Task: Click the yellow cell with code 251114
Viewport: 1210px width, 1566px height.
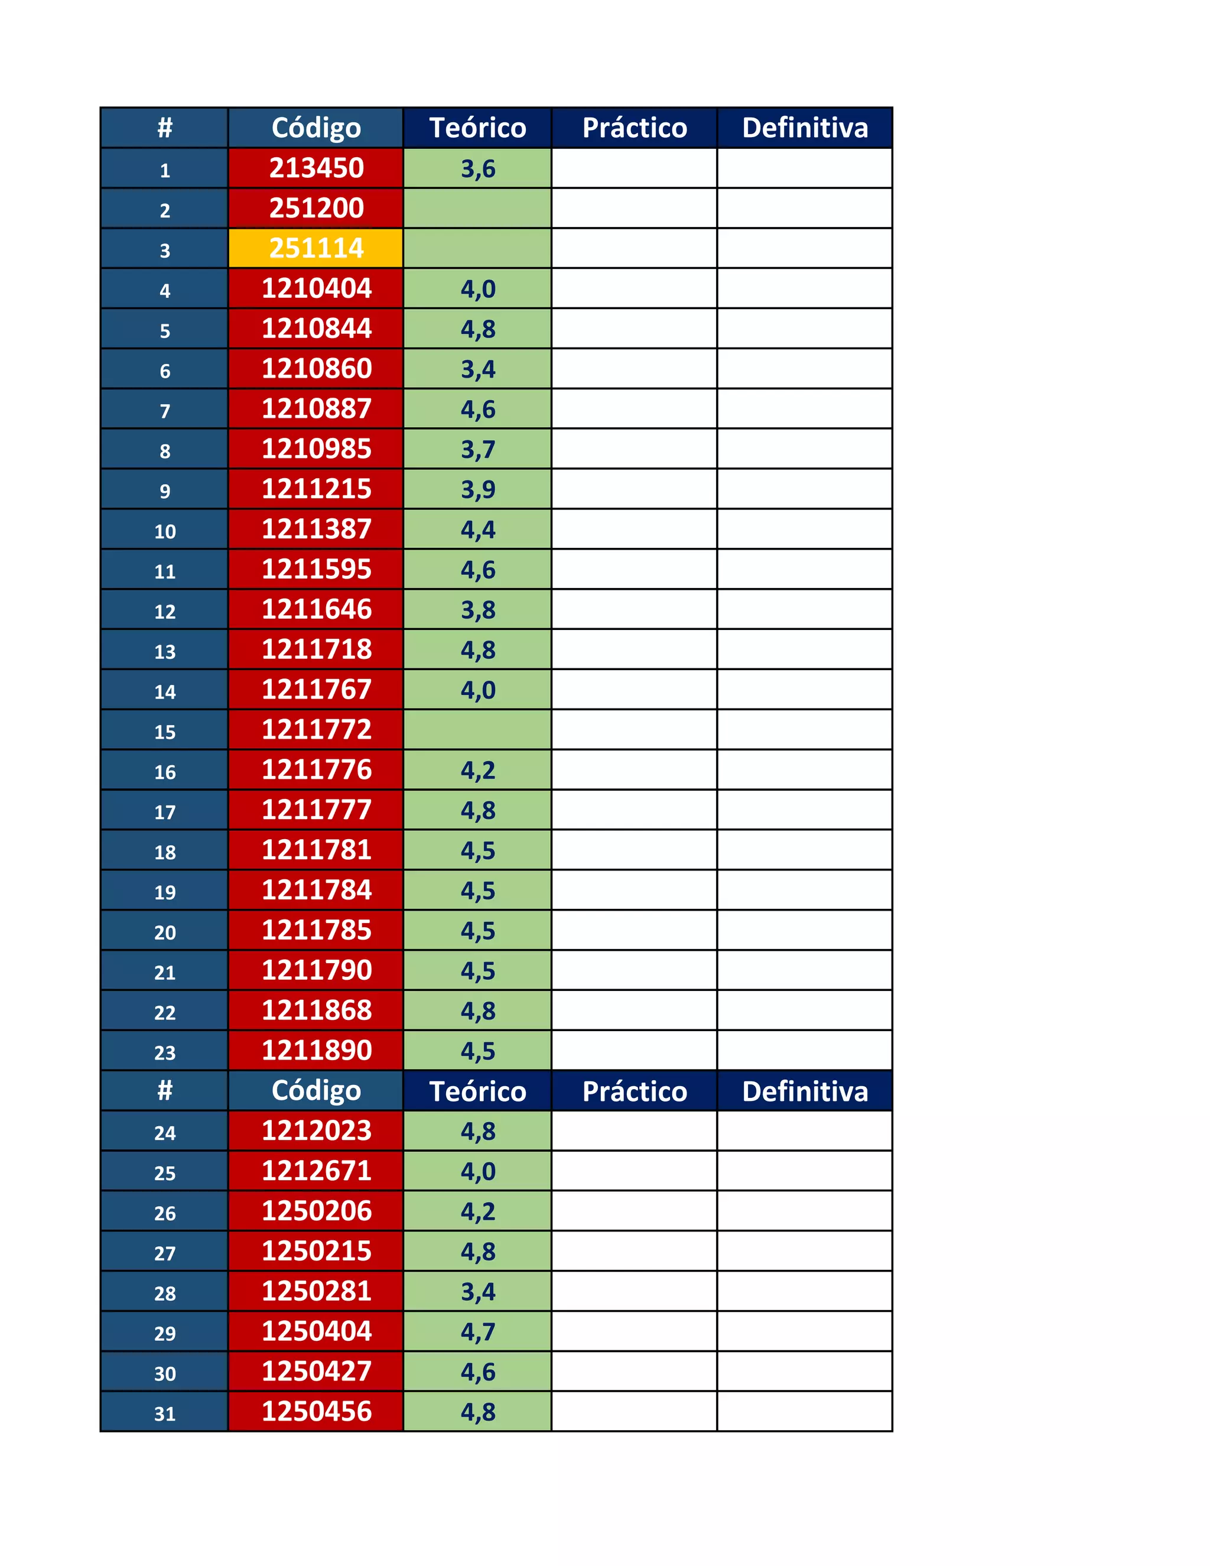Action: pyautogui.click(x=316, y=248)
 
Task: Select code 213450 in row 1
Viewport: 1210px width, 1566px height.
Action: pyautogui.click(x=316, y=168)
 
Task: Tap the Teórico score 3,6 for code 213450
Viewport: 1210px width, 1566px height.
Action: pyautogui.click(x=477, y=168)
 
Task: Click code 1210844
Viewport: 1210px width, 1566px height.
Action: pyautogui.click(x=316, y=329)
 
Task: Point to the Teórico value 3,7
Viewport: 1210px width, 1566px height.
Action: pyautogui.click(x=477, y=450)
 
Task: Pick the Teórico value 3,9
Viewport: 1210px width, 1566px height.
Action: pyautogui.click(x=477, y=490)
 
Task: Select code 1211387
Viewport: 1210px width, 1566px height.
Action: pyautogui.click(x=316, y=529)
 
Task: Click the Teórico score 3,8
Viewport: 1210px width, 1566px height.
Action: pyautogui.click(x=477, y=610)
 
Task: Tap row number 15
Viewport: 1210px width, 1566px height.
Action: pyautogui.click(x=165, y=732)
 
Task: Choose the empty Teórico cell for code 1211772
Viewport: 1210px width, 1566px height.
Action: pyautogui.click(x=477, y=730)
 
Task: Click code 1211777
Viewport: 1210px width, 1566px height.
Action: pyautogui.click(x=316, y=810)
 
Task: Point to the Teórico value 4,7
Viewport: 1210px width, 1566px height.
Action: pyautogui.click(x=477, y=1332)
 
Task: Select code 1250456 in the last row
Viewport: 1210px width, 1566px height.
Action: pyautogui.click(x=316, y=1412)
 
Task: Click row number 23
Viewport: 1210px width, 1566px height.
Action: pyautogui.click(x=165, y=1052)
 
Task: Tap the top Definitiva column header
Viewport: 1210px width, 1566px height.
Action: pyautogui.click(x=804, y=128)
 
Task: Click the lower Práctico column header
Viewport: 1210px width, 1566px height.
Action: pyautogui.click(x=635, y=1091)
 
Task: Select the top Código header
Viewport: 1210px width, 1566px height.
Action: pyautogui.click(x=316, y=128)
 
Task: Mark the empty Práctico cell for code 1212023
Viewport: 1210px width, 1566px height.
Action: pyautogui.click(x=635, y=1130)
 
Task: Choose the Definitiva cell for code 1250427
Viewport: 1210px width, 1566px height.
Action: pyautogui.click(x=804, y=1372)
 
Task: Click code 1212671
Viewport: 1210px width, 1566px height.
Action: pyautogui.click(x=316, y=1171)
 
